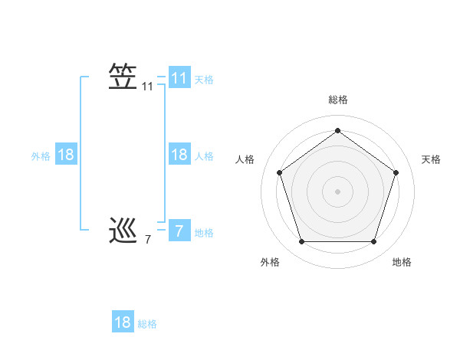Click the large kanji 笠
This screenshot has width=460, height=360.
click(123, 77)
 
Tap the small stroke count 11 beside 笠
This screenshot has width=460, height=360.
click(147, 87)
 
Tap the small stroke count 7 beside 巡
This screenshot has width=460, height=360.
click(147, 240)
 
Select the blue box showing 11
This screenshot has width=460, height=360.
click(179, 78)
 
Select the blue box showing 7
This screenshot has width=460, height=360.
click(179, 231)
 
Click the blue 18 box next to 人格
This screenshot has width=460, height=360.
click(179, 155)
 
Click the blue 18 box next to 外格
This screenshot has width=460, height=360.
click(66, 155)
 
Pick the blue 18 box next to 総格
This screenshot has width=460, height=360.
click(123, 322)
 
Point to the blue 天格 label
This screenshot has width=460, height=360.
click(204, 80)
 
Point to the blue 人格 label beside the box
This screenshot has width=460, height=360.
click(204, 156)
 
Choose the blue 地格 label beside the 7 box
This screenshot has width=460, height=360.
click(204, 233)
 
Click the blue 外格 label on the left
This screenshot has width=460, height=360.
click(41, 156)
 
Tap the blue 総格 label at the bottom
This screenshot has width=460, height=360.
click(147, 324)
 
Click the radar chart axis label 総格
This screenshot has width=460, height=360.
click(337, 100)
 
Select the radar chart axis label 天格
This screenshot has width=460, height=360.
click(432, 159)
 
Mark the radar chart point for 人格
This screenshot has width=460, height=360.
click(279, 172)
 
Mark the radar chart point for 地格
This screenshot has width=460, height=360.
click(373, 242)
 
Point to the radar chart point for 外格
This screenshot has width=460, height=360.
click(301, 242)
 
